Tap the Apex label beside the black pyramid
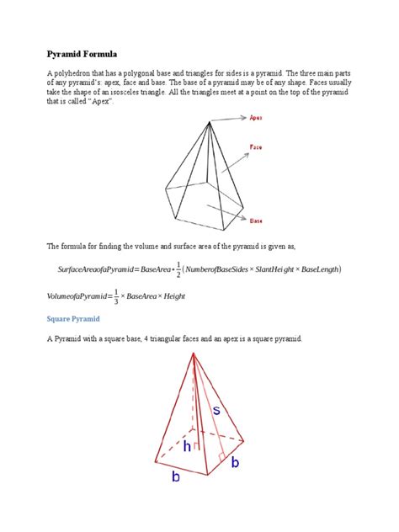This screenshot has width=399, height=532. (256, 119)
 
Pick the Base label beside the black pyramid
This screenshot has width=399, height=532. (255, 221)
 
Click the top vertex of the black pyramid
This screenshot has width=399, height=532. (207, 122)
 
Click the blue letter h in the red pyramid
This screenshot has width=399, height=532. (187, 448)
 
